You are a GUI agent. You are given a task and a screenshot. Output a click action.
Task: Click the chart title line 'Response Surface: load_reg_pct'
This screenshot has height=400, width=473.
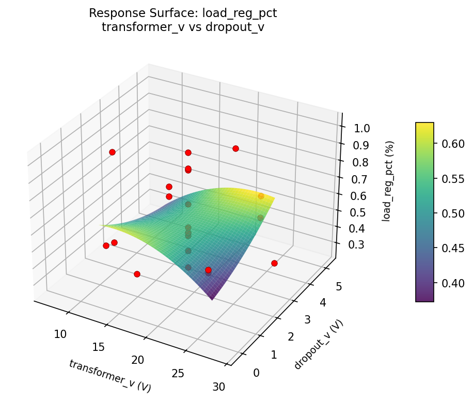[183, 13]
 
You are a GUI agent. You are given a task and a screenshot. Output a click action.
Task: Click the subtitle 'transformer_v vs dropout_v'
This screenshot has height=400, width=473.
[183, 27]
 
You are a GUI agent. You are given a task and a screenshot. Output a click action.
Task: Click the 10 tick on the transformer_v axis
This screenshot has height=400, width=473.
[60, 334]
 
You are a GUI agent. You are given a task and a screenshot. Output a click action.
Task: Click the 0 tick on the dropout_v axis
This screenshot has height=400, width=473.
[257, 373]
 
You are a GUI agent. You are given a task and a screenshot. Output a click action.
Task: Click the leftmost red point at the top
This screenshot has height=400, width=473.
[112, 152]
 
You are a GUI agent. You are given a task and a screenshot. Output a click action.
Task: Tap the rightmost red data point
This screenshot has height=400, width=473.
[274, 263]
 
